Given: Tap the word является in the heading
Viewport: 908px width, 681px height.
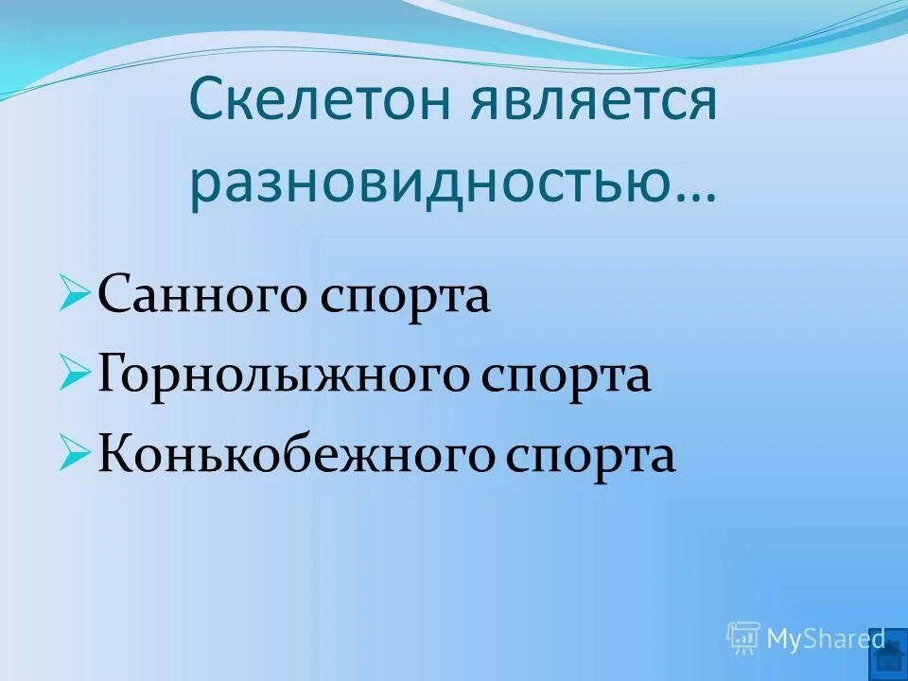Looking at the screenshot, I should point(589,103).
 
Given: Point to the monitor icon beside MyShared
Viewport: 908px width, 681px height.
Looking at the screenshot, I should point(743,638).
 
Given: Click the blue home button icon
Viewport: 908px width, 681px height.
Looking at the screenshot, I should point(890,653).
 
